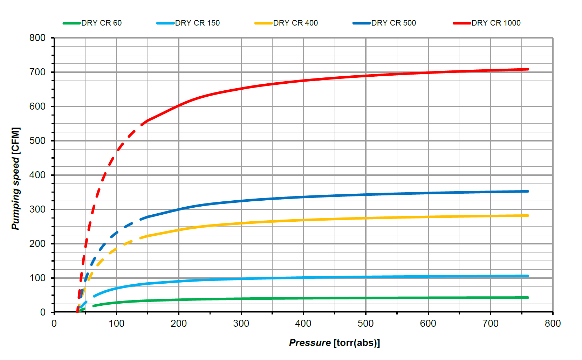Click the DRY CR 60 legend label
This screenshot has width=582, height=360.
click(x=101, y=23)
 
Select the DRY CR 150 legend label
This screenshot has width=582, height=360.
click(x=197, y=23)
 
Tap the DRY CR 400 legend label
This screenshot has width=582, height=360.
click(x=295, y=23)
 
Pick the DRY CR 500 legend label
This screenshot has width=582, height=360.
click(x=393, y=23)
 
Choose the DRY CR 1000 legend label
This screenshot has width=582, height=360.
click(x=496, y=23)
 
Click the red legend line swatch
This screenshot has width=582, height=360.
click(x=462, y=23)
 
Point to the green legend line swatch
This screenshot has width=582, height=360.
click(x=72, y=23)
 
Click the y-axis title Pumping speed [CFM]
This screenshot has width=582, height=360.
click(x=16, y=179)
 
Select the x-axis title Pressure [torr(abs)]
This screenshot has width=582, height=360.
click(x=334, y=342)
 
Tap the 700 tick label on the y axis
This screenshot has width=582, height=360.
click(x=37, y=72)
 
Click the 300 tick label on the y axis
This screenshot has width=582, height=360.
click(x=37, y=209)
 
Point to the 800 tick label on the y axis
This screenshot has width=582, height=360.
click(x=37, y=38)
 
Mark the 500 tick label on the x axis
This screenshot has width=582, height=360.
click(x=365, y=324)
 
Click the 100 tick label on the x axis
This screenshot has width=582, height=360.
click(x=116, y=324)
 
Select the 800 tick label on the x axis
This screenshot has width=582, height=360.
click(x=553, y=324)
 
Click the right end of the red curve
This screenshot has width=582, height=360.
click(x=528, y=69)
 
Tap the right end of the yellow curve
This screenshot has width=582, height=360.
click(x=528, y=215)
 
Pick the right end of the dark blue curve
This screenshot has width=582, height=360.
click(x=528, y=191)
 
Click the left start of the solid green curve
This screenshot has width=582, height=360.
click(x=94, y=306)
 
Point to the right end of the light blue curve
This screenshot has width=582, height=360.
click(x=528, y=276)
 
